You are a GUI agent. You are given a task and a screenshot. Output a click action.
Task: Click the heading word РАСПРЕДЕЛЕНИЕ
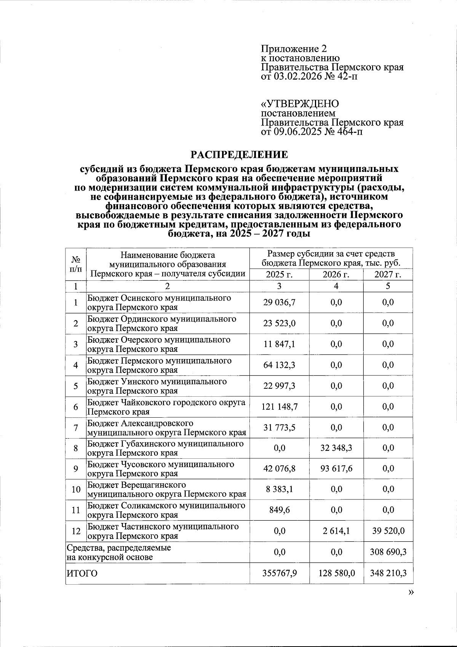239,155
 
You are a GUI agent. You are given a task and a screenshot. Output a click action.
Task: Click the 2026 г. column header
336,275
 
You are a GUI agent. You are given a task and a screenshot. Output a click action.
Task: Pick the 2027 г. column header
388,275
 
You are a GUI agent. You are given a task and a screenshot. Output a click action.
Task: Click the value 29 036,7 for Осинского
279,302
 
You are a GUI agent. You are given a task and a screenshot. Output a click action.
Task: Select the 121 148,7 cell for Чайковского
279,407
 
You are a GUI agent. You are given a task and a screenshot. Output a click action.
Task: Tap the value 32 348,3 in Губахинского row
336,448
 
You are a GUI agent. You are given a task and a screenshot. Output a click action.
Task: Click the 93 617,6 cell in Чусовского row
336,469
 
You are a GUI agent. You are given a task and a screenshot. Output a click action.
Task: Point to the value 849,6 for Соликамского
279,510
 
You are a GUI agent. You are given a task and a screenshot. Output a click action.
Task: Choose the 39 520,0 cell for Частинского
388,531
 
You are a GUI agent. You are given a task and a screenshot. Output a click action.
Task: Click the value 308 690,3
388,552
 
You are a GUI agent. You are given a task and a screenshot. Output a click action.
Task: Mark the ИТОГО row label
82,573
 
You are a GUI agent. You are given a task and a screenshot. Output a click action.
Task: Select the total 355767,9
279,573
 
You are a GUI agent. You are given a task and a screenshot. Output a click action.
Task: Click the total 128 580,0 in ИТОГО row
336,573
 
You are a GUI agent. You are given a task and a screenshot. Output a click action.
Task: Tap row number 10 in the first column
76,489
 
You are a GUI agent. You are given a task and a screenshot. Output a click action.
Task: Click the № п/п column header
76,264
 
